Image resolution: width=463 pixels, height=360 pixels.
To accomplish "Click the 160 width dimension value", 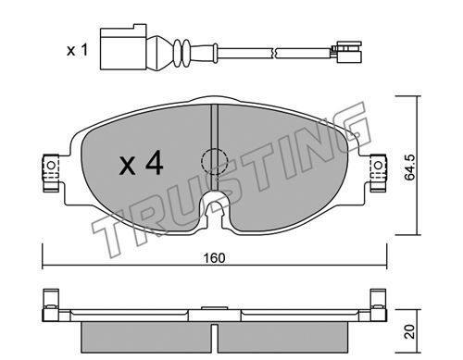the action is [215, 258].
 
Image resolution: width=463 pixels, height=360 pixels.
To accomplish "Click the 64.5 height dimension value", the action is [410, 168].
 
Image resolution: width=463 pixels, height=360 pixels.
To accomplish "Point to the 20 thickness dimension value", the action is [410, 331].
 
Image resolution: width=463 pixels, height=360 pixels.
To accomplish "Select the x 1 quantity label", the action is [78, 50].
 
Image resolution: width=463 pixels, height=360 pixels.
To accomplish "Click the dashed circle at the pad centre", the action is [214, 161].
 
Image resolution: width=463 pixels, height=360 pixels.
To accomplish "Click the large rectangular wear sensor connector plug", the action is [122, 46].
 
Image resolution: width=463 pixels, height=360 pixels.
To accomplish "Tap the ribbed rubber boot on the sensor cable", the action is [181, 53].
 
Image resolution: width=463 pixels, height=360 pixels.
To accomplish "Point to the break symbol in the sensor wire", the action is [273, 53].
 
